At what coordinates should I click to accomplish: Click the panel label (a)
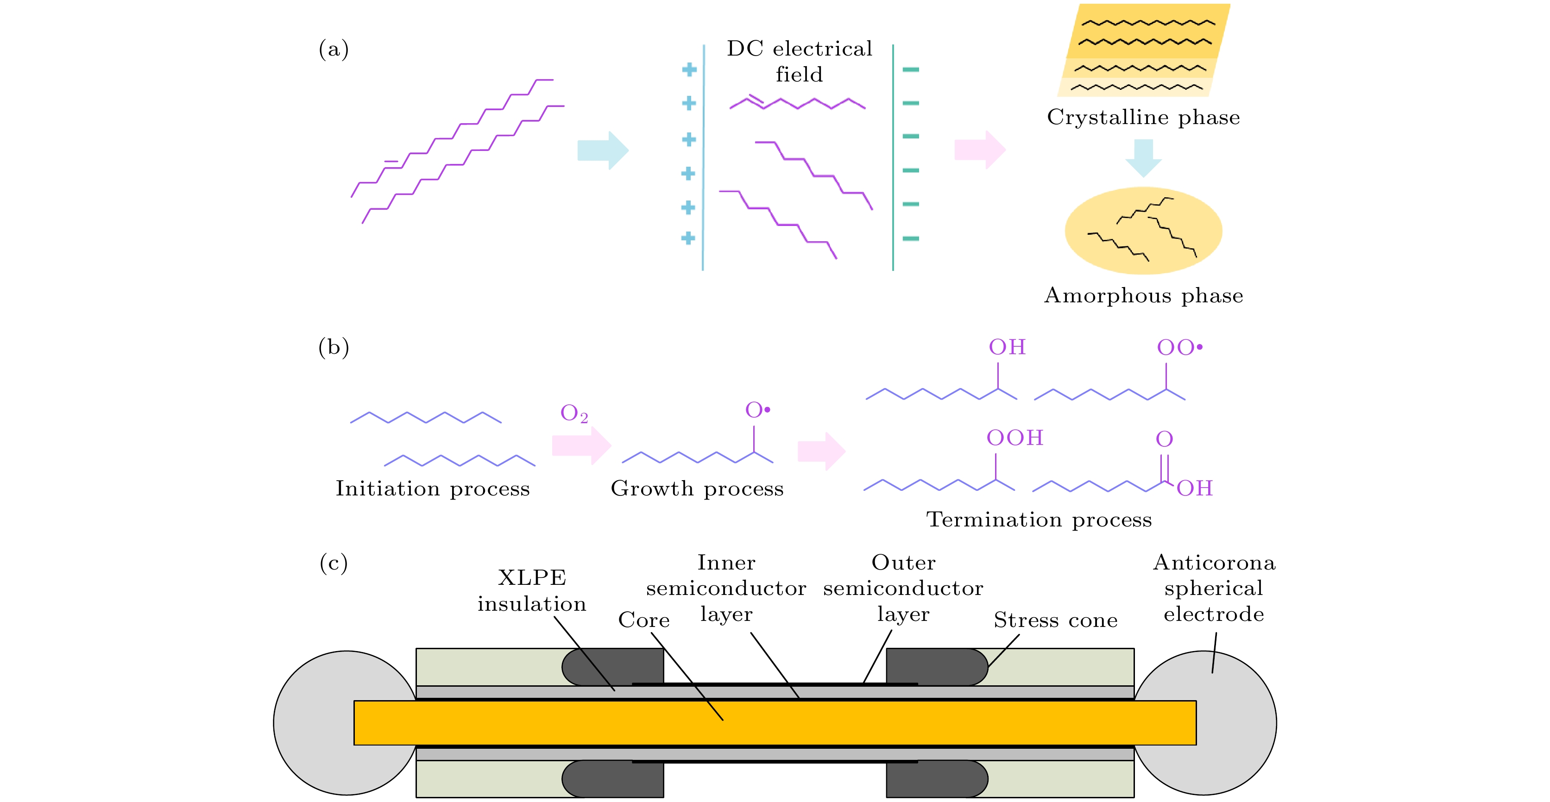pos(334,50)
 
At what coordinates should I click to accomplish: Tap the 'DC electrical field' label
pos(799,62)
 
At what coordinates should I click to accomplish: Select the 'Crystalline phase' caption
pos(1143,117)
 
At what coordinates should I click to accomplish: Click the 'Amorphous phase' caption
pos(1143,295)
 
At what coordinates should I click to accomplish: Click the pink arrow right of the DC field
pos(979,150)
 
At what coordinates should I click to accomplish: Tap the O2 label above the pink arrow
pos(573,414)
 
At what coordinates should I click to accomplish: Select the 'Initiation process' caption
pos(433,489)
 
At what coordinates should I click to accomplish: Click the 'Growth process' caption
pos(697,489)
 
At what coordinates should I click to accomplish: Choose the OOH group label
pos(1014,438)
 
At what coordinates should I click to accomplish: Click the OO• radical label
pos(1179,348)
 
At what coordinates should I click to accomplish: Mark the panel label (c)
pos(334,564)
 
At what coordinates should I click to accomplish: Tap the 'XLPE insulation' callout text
pos(532,591)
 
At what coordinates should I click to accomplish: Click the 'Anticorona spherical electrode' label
pos(1214,589)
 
